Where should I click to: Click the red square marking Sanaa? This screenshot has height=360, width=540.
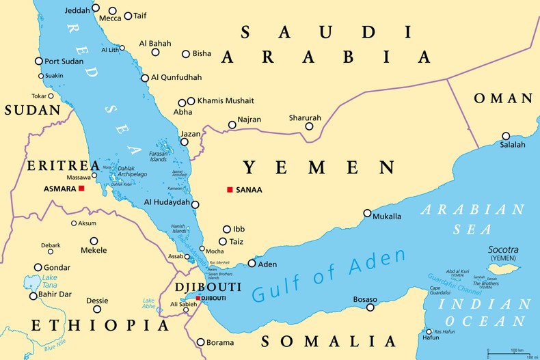tap(230, 189)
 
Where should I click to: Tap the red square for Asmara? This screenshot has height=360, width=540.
tap(81, 188)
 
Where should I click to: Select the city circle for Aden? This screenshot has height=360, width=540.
tap(252, 263)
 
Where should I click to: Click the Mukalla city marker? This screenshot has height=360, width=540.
tap(367, 213)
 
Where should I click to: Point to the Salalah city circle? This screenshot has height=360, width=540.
tap(506, 136)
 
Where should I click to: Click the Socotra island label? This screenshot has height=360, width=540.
tap(502, 250)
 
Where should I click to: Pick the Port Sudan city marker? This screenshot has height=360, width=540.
tap(39, 61)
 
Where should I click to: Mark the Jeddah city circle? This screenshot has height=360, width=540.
tap(96, 8)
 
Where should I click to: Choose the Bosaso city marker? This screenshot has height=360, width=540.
tap(370, 307)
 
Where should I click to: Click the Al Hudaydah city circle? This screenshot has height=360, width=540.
tap(195, 204)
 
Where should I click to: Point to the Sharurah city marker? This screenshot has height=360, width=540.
tap(309, 126)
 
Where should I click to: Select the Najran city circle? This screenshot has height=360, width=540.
tap(232, 126)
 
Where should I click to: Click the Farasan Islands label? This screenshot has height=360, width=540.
tap(159, 156)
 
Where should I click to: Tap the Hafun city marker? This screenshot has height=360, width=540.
tap(428, 333)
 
